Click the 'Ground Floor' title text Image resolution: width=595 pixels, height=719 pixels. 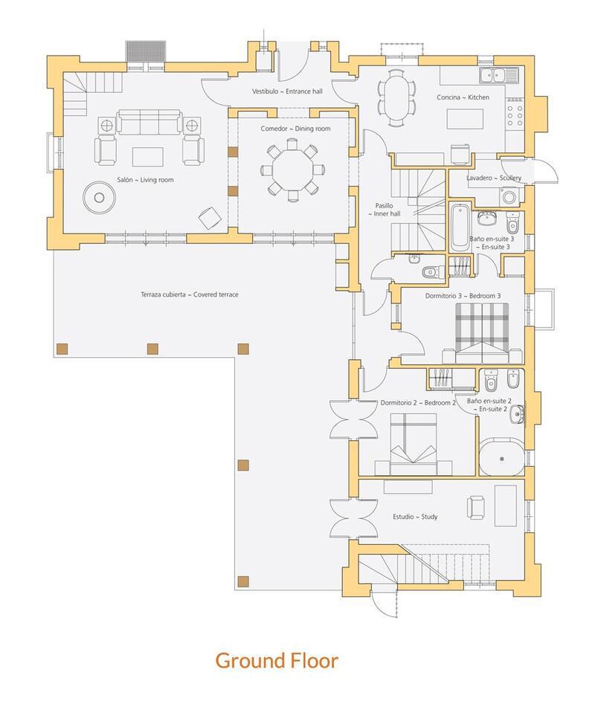tap(277, 660)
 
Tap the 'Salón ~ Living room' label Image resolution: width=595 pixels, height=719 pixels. tap(145, 180)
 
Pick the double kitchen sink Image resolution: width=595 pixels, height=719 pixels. tap(492, 74)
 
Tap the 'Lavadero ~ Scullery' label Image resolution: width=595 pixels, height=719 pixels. tap(494, 178)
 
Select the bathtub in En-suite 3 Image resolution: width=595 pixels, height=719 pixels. tap(459, 227)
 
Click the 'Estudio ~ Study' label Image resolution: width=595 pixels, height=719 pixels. tap(415, 516)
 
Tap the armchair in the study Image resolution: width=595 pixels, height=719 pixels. tap(476, 508)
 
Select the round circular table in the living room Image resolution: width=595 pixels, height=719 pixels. tap(99, 197)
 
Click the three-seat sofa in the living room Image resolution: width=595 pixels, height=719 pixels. tap(149, 122)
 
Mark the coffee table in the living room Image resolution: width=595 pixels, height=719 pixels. tap(148, 156)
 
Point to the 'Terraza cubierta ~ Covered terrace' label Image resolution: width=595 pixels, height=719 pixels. tap(189, 294)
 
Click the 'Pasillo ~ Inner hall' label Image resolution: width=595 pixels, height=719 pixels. tap(383, 210)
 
